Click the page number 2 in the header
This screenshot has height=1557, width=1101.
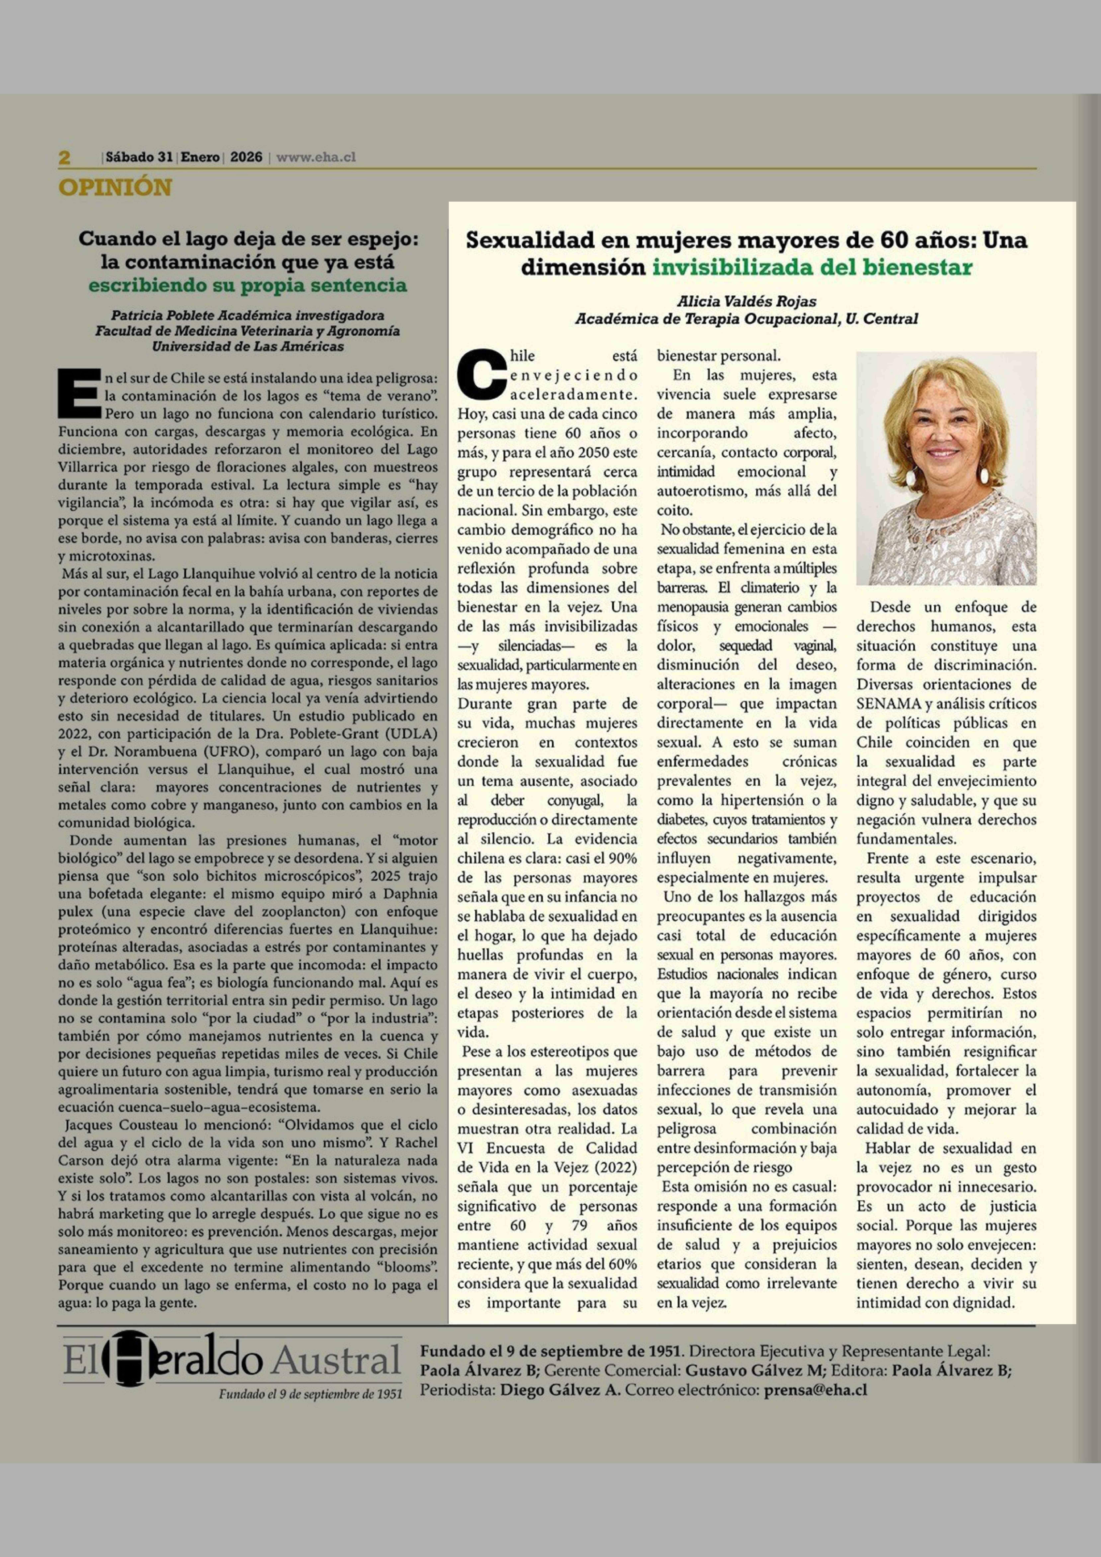64,157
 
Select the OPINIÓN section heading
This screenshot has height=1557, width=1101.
115,187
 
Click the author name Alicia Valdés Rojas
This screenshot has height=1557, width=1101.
746,301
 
